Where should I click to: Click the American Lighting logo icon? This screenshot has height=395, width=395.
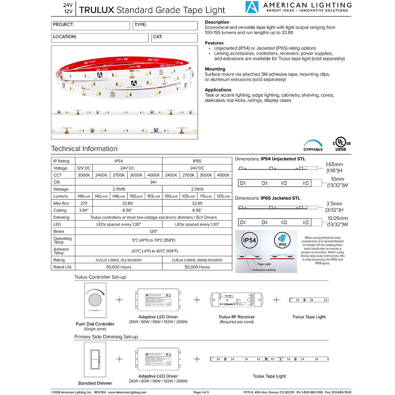252,7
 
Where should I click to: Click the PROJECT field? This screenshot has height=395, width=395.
91,26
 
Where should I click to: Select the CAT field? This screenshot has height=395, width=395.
174,38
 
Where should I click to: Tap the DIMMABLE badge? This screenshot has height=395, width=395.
313,145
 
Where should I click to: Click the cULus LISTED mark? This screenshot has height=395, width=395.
341,144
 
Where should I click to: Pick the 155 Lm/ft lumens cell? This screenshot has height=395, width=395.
154,196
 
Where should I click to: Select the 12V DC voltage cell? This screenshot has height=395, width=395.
84,168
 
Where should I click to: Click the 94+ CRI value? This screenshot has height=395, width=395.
153,182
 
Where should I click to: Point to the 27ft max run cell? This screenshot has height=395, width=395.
84,203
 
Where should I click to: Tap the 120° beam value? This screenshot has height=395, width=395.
153,231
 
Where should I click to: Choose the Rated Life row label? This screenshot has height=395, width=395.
63,267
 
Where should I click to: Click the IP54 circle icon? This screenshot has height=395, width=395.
249,240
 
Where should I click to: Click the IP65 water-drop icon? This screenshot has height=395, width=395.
282,239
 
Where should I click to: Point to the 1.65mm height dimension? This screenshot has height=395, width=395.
334,164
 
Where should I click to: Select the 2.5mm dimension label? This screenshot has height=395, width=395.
334,204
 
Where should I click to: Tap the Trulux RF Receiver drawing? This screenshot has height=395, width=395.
237,300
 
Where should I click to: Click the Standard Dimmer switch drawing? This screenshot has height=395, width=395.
95,359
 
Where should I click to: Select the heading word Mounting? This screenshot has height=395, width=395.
215,69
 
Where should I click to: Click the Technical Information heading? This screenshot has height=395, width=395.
84,149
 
